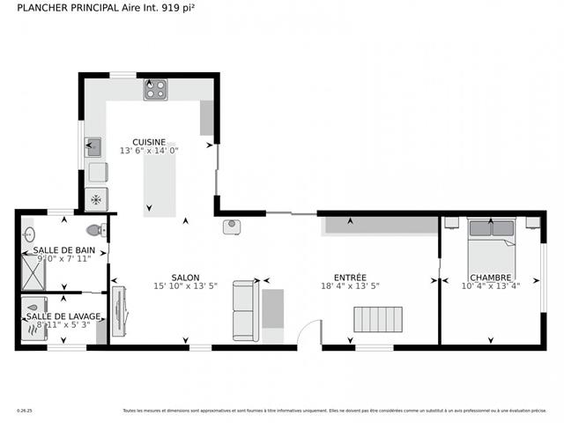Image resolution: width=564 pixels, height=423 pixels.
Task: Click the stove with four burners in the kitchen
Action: [x=156, y=89]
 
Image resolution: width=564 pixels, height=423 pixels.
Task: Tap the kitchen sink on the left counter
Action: [x=93, y=147]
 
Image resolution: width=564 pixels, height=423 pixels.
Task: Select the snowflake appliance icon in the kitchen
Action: [x=95, y=199]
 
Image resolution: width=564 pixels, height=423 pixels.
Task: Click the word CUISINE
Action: [x=149, y=141]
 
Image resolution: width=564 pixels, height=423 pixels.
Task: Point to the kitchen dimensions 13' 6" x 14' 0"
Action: [x=149, y=151]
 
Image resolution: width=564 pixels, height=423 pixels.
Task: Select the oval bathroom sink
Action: [x=27, y=234]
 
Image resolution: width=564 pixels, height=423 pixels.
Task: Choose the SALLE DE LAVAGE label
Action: [x=63, y=316]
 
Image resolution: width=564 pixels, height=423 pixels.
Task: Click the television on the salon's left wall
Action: [x=119, y=310]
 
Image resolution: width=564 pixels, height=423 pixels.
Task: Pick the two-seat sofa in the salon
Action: [x=245, y=310]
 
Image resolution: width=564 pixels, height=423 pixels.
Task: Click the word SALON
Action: [x=184, y=277]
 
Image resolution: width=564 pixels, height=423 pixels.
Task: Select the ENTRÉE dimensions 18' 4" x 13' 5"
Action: [x=350, y=286]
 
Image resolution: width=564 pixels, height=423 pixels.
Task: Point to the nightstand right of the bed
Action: [x=531, y=223]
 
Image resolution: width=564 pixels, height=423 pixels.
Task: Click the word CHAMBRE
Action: [x=491, y=277]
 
